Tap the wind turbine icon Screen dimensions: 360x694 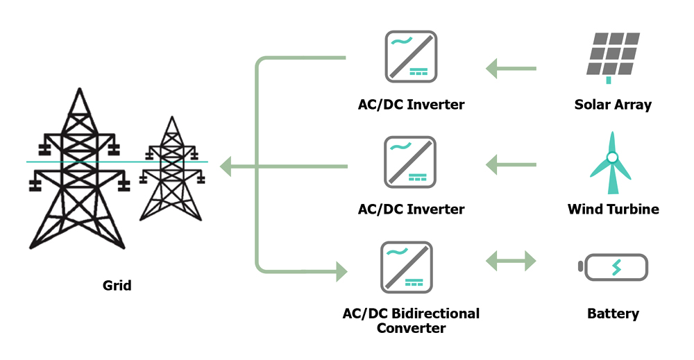612,162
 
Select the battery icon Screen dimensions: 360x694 613,267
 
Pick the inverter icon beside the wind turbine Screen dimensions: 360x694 410,162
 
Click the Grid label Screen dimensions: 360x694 117,285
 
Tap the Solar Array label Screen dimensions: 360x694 613,105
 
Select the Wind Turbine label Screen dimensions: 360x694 613,209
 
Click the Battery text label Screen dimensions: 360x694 613,314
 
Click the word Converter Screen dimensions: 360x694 411,327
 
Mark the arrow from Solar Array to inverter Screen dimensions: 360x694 511,69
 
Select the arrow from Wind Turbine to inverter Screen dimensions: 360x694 511,165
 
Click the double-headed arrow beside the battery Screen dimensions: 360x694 511,262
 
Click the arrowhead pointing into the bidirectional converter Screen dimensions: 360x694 341,270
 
